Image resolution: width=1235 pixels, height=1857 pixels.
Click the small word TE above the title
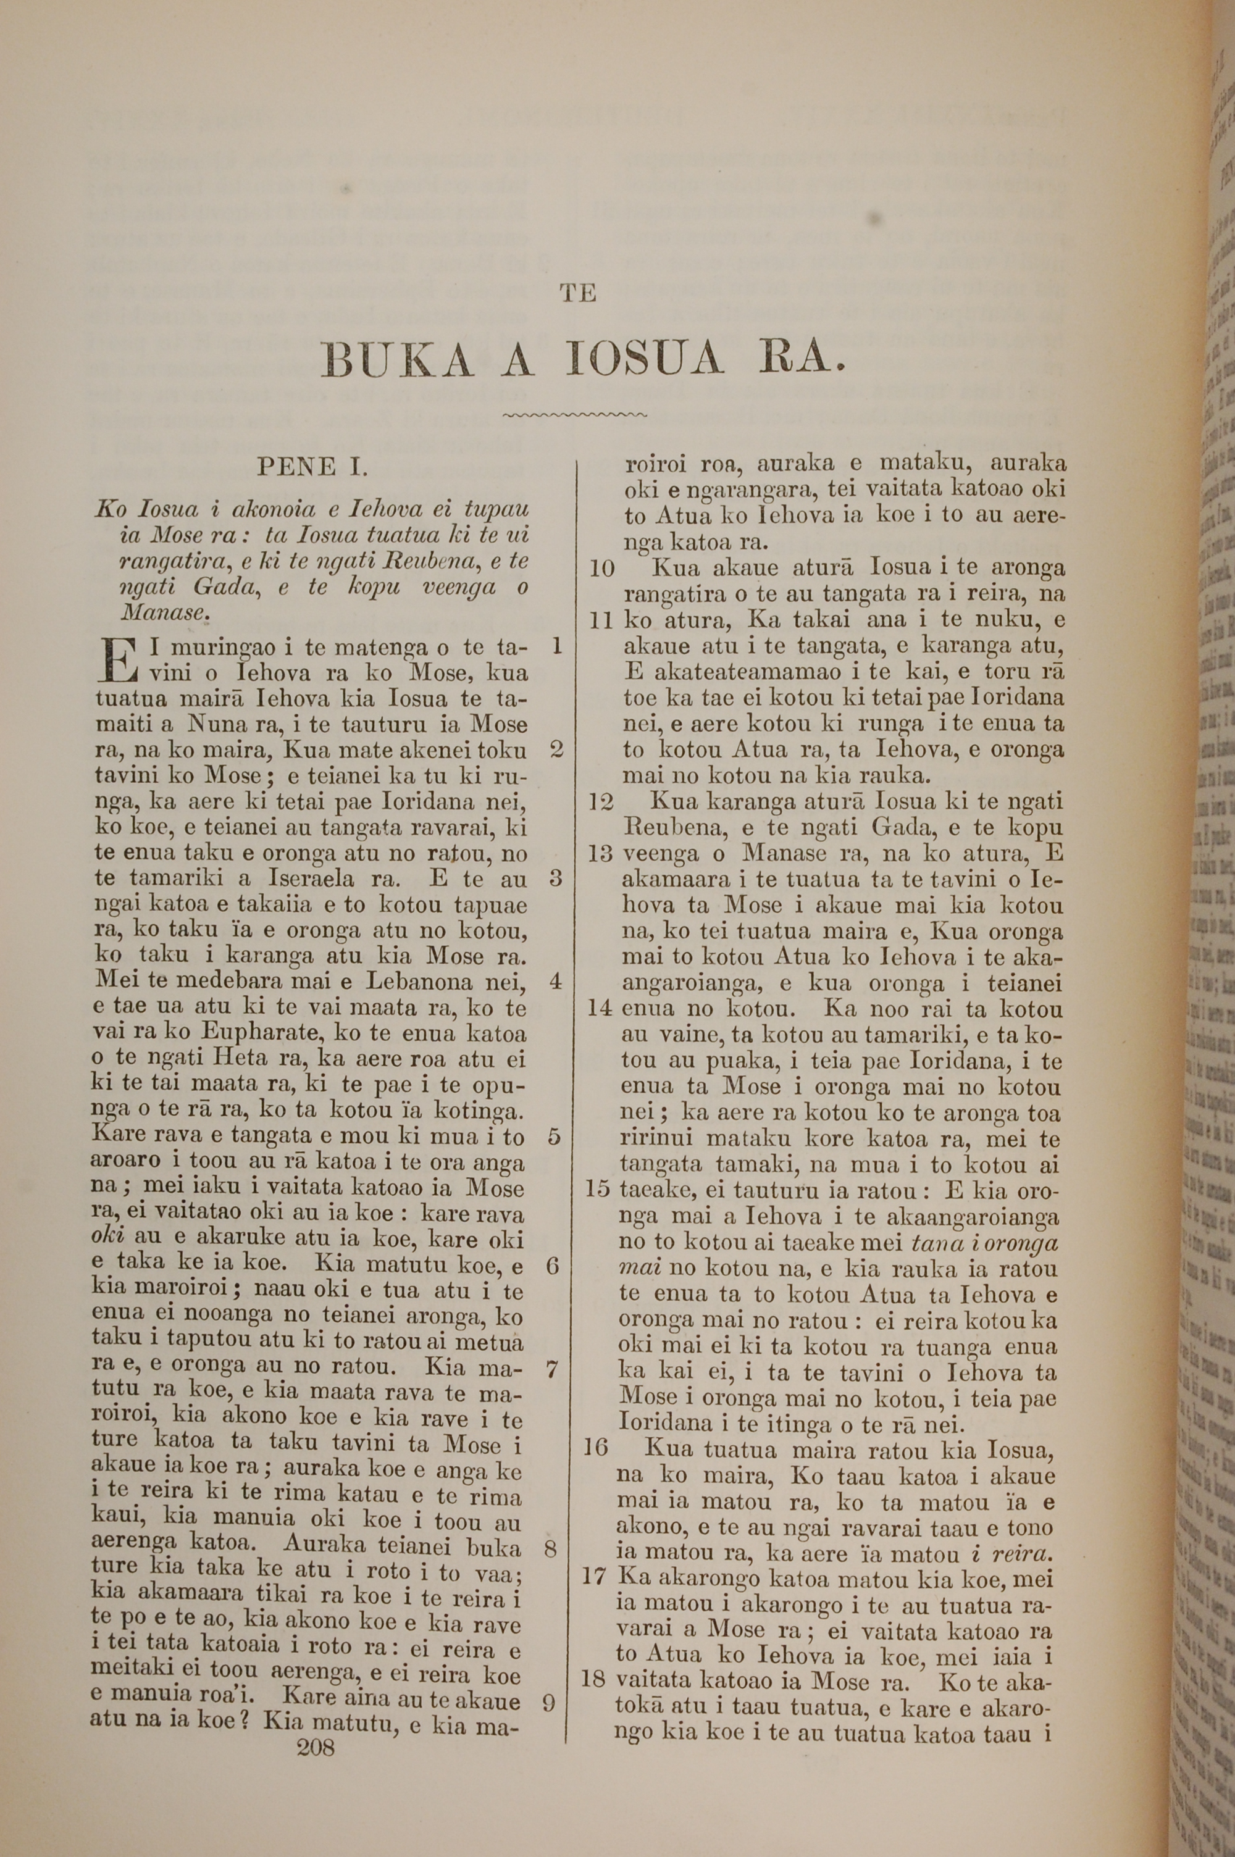point(577,294)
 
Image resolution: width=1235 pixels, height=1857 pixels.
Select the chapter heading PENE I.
point(312,467)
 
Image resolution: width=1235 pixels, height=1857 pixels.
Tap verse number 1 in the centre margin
point(557,647)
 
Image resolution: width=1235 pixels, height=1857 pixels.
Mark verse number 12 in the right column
point(601,802)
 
